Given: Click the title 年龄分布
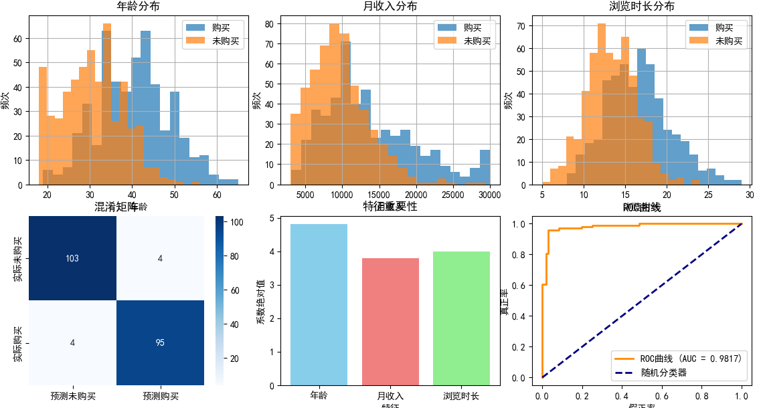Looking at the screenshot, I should click(139, 7).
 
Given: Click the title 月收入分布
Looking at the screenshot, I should click(390, 7).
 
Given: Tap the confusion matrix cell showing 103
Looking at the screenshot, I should click(73, 259).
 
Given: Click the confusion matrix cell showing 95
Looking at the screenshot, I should click(161, 342).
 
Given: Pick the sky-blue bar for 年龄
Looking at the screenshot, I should click(319, 304).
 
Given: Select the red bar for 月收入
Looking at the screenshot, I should click(390, 321).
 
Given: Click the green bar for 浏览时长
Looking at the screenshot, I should click(461, 318).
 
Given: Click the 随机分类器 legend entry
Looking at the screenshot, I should click(663, 373).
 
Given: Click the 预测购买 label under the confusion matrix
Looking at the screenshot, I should click(161, 396).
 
